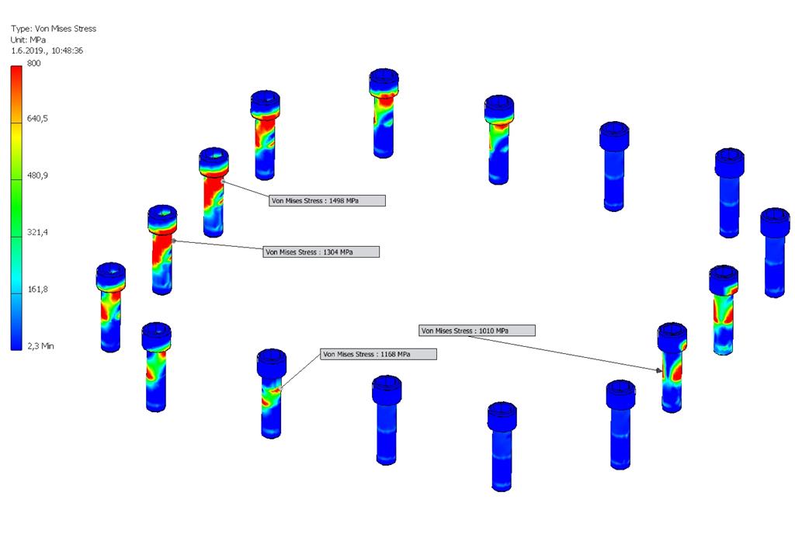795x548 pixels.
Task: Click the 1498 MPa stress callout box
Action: [327, 201]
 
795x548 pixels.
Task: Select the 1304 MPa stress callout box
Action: [321, 252]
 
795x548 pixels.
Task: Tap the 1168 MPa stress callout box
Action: [378, 355]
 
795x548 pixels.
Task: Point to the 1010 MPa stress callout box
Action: [477, 331]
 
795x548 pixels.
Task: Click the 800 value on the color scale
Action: [34, 64]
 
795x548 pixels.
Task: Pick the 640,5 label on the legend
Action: [37, 119]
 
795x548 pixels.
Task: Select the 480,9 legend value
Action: [37, 175]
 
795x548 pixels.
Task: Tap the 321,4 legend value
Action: [37, 232]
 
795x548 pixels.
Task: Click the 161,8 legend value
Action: [37, 290]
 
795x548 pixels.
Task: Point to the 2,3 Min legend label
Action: [40, 346]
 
